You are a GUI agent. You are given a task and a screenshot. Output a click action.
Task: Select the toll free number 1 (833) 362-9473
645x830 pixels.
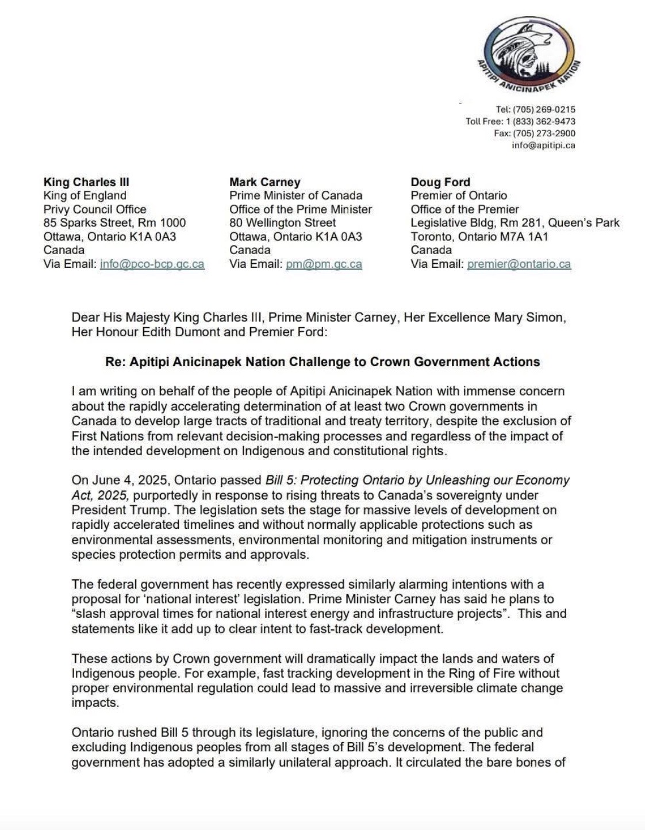[x=540, y=121]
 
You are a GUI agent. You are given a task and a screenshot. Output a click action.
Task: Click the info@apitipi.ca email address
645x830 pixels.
[x=543, y=145]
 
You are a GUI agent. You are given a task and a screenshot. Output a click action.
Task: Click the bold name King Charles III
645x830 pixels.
[x=86, y=182]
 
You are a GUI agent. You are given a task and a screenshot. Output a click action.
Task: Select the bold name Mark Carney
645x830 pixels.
[x=264, y=182]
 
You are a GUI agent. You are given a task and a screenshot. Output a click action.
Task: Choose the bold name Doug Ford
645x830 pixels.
[x=440, y=182]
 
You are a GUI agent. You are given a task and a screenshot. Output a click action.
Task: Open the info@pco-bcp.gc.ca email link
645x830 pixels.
[x=152, y=264]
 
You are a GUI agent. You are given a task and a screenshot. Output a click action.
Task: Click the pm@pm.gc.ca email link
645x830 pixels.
[x=324, y=264]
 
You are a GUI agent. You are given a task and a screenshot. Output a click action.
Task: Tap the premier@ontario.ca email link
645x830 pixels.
[x=519, y=264]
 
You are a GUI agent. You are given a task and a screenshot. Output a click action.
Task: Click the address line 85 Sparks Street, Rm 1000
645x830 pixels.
[x=114, y=222]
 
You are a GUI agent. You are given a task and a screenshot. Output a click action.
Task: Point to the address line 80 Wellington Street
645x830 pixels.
[x=282, y=222]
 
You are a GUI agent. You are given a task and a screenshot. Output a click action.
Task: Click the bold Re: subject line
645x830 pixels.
[x=322, y=362]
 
